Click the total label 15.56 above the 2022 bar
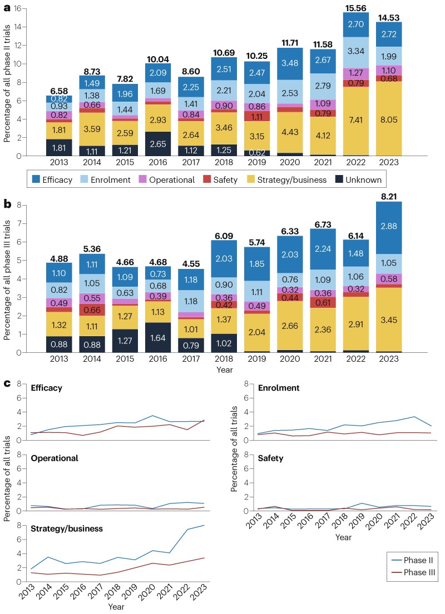pyautogui.click(x=355, y=8)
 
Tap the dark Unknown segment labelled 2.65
pyautogui.click(x=158, y=144)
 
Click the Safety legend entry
pyautogui.click(x=220, y=179)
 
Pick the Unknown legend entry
pyautogui.click(x=358, y=179)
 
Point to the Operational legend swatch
pyautogui.click(x=143, y=179)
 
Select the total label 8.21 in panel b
pyautogui.click(x=389, y=197)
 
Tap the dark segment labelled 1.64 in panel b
pyautogui.click(x=158, y=337)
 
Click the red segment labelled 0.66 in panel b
pyautogui.click(x=92, y=310)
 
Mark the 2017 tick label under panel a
pyautogui.click(x=191, y=162)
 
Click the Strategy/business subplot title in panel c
pyautogui.click(x=67, y=528)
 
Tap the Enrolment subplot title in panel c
pyautogui.click(x=279, y=388)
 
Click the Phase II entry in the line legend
pyautogui.click(x=412, y=560)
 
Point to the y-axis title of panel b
pyautogui.click(x=7, y=279)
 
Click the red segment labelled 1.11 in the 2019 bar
pyautogui.click(x=257, y=116)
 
